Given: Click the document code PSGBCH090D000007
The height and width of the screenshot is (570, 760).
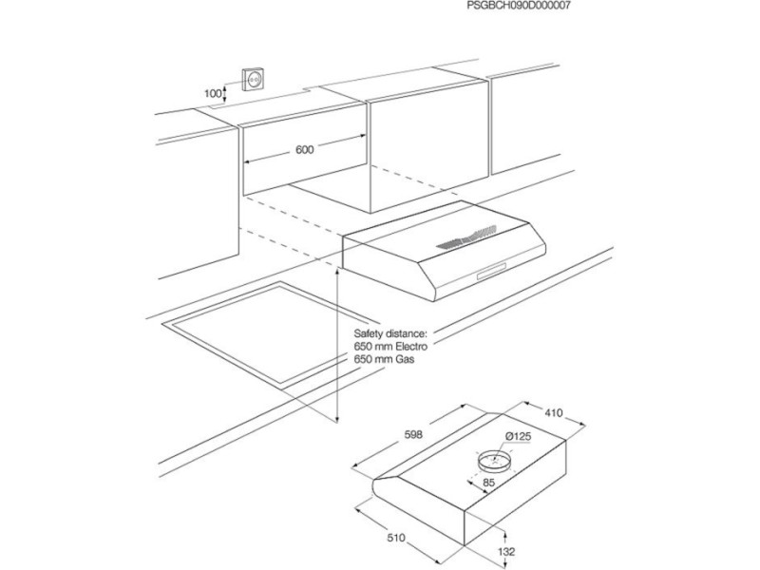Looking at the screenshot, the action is (519, 7).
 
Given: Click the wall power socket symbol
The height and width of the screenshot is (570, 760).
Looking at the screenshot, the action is (254, 78).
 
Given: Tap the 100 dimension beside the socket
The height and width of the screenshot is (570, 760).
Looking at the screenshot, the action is (212, 93).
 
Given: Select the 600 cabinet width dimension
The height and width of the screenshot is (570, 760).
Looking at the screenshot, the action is (304, 150).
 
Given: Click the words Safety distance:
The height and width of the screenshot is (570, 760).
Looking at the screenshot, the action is (390, 334).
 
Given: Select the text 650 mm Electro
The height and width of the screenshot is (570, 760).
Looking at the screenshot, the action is (390, 347).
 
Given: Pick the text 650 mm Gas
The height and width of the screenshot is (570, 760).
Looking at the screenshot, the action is (384, 360).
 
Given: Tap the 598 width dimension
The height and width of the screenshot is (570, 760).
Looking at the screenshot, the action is (413, 435).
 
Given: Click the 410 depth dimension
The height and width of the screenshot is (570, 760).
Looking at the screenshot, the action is (554, 413).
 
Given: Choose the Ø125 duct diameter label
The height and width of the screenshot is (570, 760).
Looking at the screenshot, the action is (518, 436).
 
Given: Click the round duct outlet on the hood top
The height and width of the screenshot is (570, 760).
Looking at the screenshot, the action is (494, 461).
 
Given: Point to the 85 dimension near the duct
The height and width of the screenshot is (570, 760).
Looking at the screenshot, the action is (489, 483).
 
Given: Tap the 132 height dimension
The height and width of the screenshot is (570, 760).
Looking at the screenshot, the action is (506, 551).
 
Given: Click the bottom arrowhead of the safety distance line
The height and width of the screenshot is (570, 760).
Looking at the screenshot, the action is (337, 418).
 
